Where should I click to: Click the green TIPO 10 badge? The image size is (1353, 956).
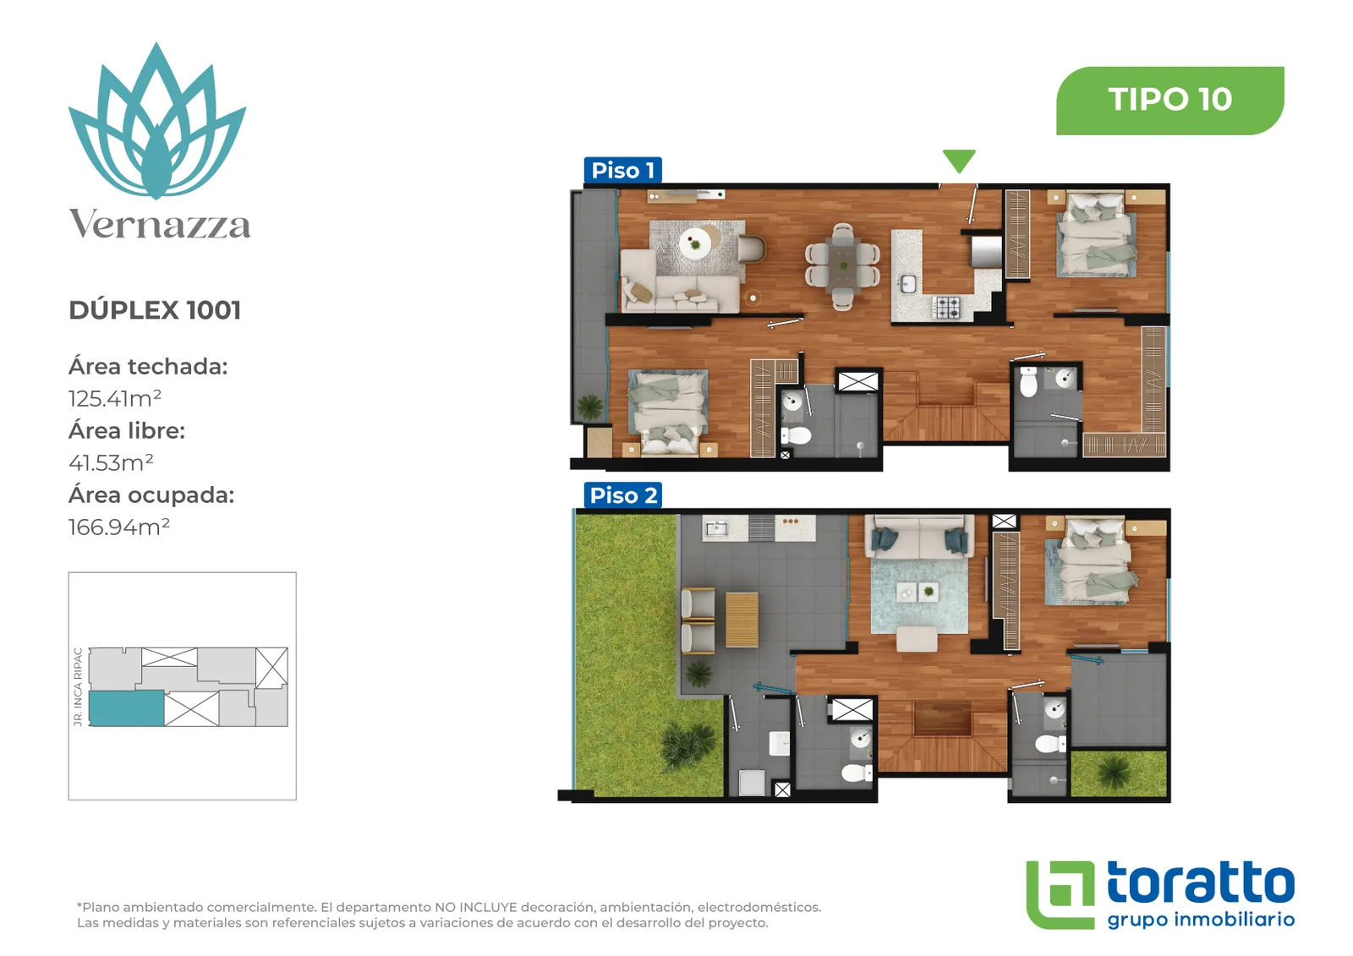pos(1170,101)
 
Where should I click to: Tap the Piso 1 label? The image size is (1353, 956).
pos(622,170)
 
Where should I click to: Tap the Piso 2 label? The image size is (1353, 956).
pos(622,495)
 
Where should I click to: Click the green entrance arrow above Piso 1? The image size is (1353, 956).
pos(959,160)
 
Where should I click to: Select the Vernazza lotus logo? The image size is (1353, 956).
pos(157,121)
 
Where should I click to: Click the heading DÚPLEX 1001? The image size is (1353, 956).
pos(155,310)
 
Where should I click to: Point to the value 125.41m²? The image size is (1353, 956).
pos(115,399)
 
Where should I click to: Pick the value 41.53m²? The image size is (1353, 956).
pos(111,462)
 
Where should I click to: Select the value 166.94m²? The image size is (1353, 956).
pos(119,527)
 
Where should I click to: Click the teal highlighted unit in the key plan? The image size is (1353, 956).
pos(126,707)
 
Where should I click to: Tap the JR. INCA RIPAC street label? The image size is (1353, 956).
pos(78,686)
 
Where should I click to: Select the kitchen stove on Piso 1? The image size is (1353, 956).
pos(946,307)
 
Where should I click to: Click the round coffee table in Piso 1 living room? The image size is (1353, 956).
pos(695,244)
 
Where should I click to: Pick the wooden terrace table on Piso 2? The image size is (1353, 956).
pos(742,620)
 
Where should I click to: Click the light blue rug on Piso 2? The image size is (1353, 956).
pos(918,596)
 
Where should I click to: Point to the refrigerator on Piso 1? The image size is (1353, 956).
pos(985,252)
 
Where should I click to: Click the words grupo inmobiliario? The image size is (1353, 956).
pos(1201,920)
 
